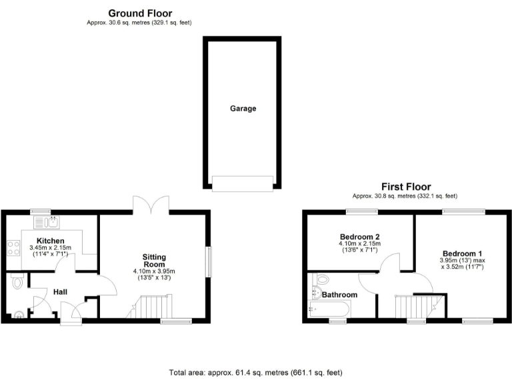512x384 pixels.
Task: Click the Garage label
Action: click(243, 108)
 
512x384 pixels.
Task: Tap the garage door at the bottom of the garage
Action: click(243, 182)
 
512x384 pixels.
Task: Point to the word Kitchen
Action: click(50, 241)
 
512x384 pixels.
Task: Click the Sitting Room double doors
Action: click(151, 205)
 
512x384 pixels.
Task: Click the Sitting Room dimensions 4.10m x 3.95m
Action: click(154, 271)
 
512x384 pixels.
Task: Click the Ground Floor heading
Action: click(139, 13)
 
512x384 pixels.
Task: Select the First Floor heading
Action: click(405, 187)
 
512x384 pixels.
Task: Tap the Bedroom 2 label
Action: click(359, 237)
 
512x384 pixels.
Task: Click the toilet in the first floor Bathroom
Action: click(321, 279)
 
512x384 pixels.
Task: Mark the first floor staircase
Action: click(410, 307)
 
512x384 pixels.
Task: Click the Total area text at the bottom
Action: click(256, 373)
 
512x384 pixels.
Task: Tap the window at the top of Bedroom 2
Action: click(362, 212)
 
